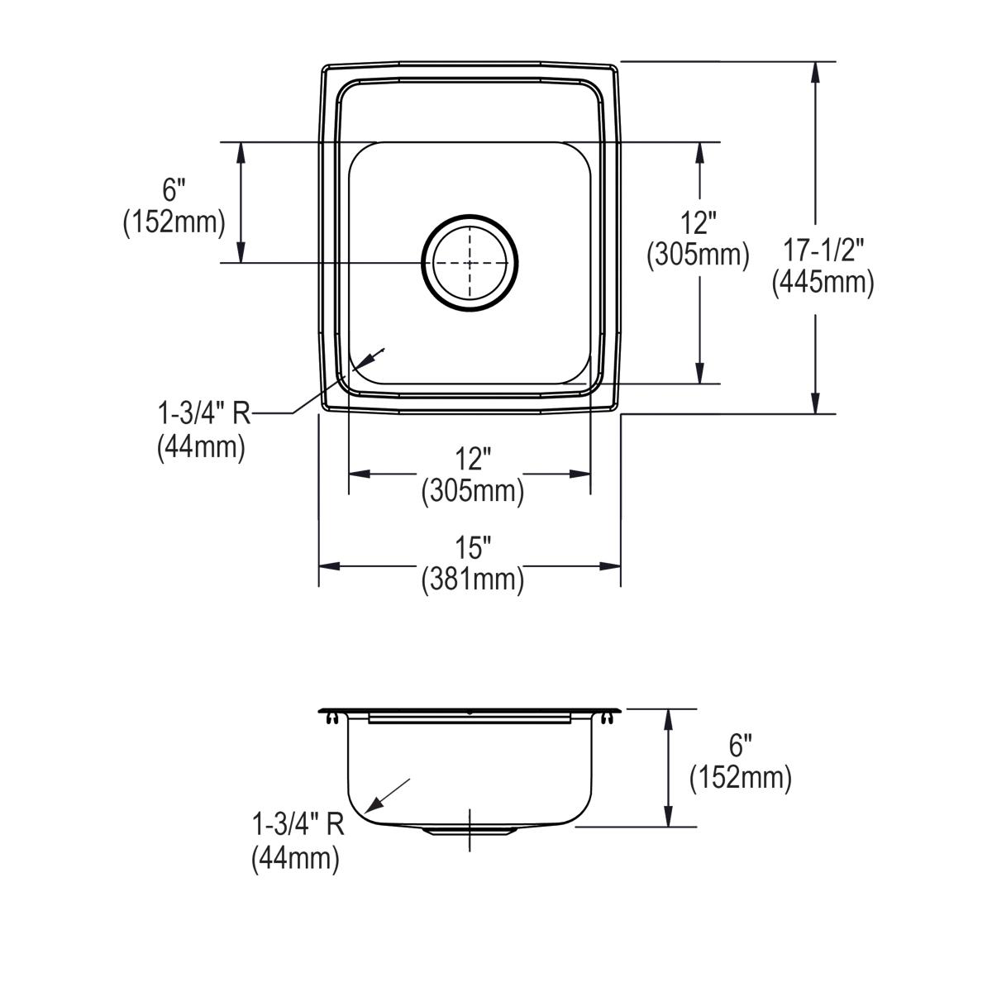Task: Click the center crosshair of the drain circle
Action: point(470,263)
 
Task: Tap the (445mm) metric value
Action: point(823,283)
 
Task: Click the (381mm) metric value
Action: point(472,579)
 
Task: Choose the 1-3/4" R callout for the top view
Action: point(203,413)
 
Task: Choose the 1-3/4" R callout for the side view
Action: point(298,823)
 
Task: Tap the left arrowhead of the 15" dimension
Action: point(329,565)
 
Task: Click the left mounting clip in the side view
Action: point(332,720)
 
